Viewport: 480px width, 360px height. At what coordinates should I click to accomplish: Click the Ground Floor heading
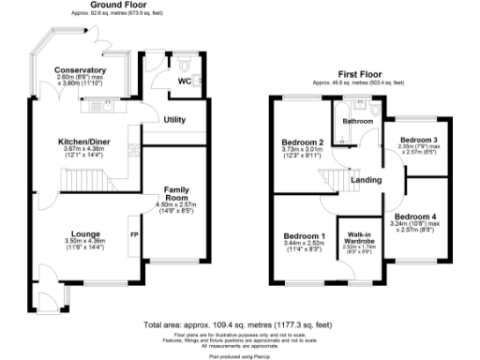[111, 5]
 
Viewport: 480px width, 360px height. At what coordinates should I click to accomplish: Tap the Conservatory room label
[80, 70]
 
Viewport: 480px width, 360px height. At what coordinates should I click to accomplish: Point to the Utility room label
[174, 120]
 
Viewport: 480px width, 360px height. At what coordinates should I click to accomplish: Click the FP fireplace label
[134, 234]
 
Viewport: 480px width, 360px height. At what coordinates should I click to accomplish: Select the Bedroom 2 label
[303, 142]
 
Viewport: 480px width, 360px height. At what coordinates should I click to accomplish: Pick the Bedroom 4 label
[420, 217]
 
